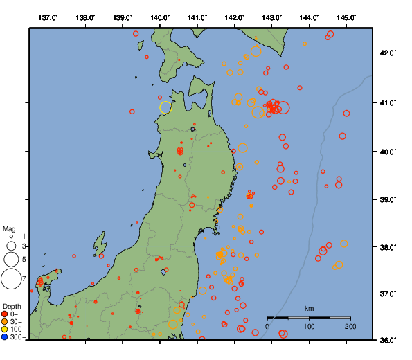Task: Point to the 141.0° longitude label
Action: [x=197, y=17]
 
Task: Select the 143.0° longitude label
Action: [x=272, y=17]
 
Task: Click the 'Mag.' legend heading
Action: [x=10, y=228]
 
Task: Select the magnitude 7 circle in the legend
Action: [x=11, y=279]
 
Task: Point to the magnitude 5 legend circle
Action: [x=11, y=260]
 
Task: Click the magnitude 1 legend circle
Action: [x=11, y=237]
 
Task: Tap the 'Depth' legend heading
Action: [x=12, y=306]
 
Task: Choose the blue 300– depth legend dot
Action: [x=5, y=337]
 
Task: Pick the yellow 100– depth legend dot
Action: [x=5, y=330]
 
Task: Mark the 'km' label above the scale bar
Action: [x=310, y=308]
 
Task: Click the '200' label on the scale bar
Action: [x=350, y=326]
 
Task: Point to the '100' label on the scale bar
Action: [x=309, y=326]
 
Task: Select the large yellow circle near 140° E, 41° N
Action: [x=165, y=107]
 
